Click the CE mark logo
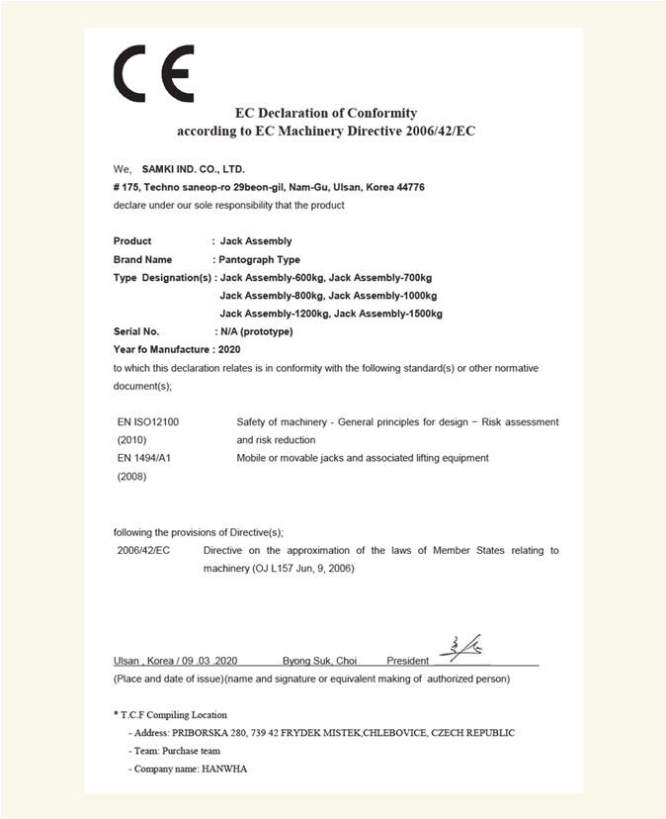coord(154,74)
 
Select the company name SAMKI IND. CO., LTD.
coord(193,169)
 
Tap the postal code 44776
coord(409,187)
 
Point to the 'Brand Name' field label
coord(143,259)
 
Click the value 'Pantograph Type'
coord(259,259)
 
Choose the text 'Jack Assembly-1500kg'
coord(388,314)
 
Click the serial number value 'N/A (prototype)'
coord(256,331)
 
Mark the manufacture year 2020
coord(228,349)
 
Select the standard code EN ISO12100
coord(148,421)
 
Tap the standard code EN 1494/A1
coord(145,458)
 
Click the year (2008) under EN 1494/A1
coord(131,477)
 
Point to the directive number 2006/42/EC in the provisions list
coord(144,550)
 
